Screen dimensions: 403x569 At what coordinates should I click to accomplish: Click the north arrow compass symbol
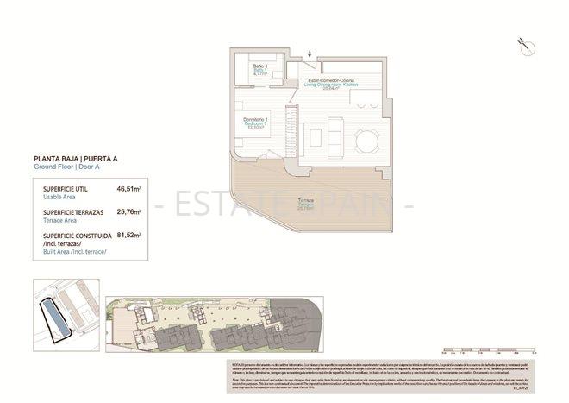point(521,41)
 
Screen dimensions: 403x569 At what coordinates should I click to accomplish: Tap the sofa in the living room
point(335,135)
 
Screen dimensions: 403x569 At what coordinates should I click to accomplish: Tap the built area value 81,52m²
point(128,234)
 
